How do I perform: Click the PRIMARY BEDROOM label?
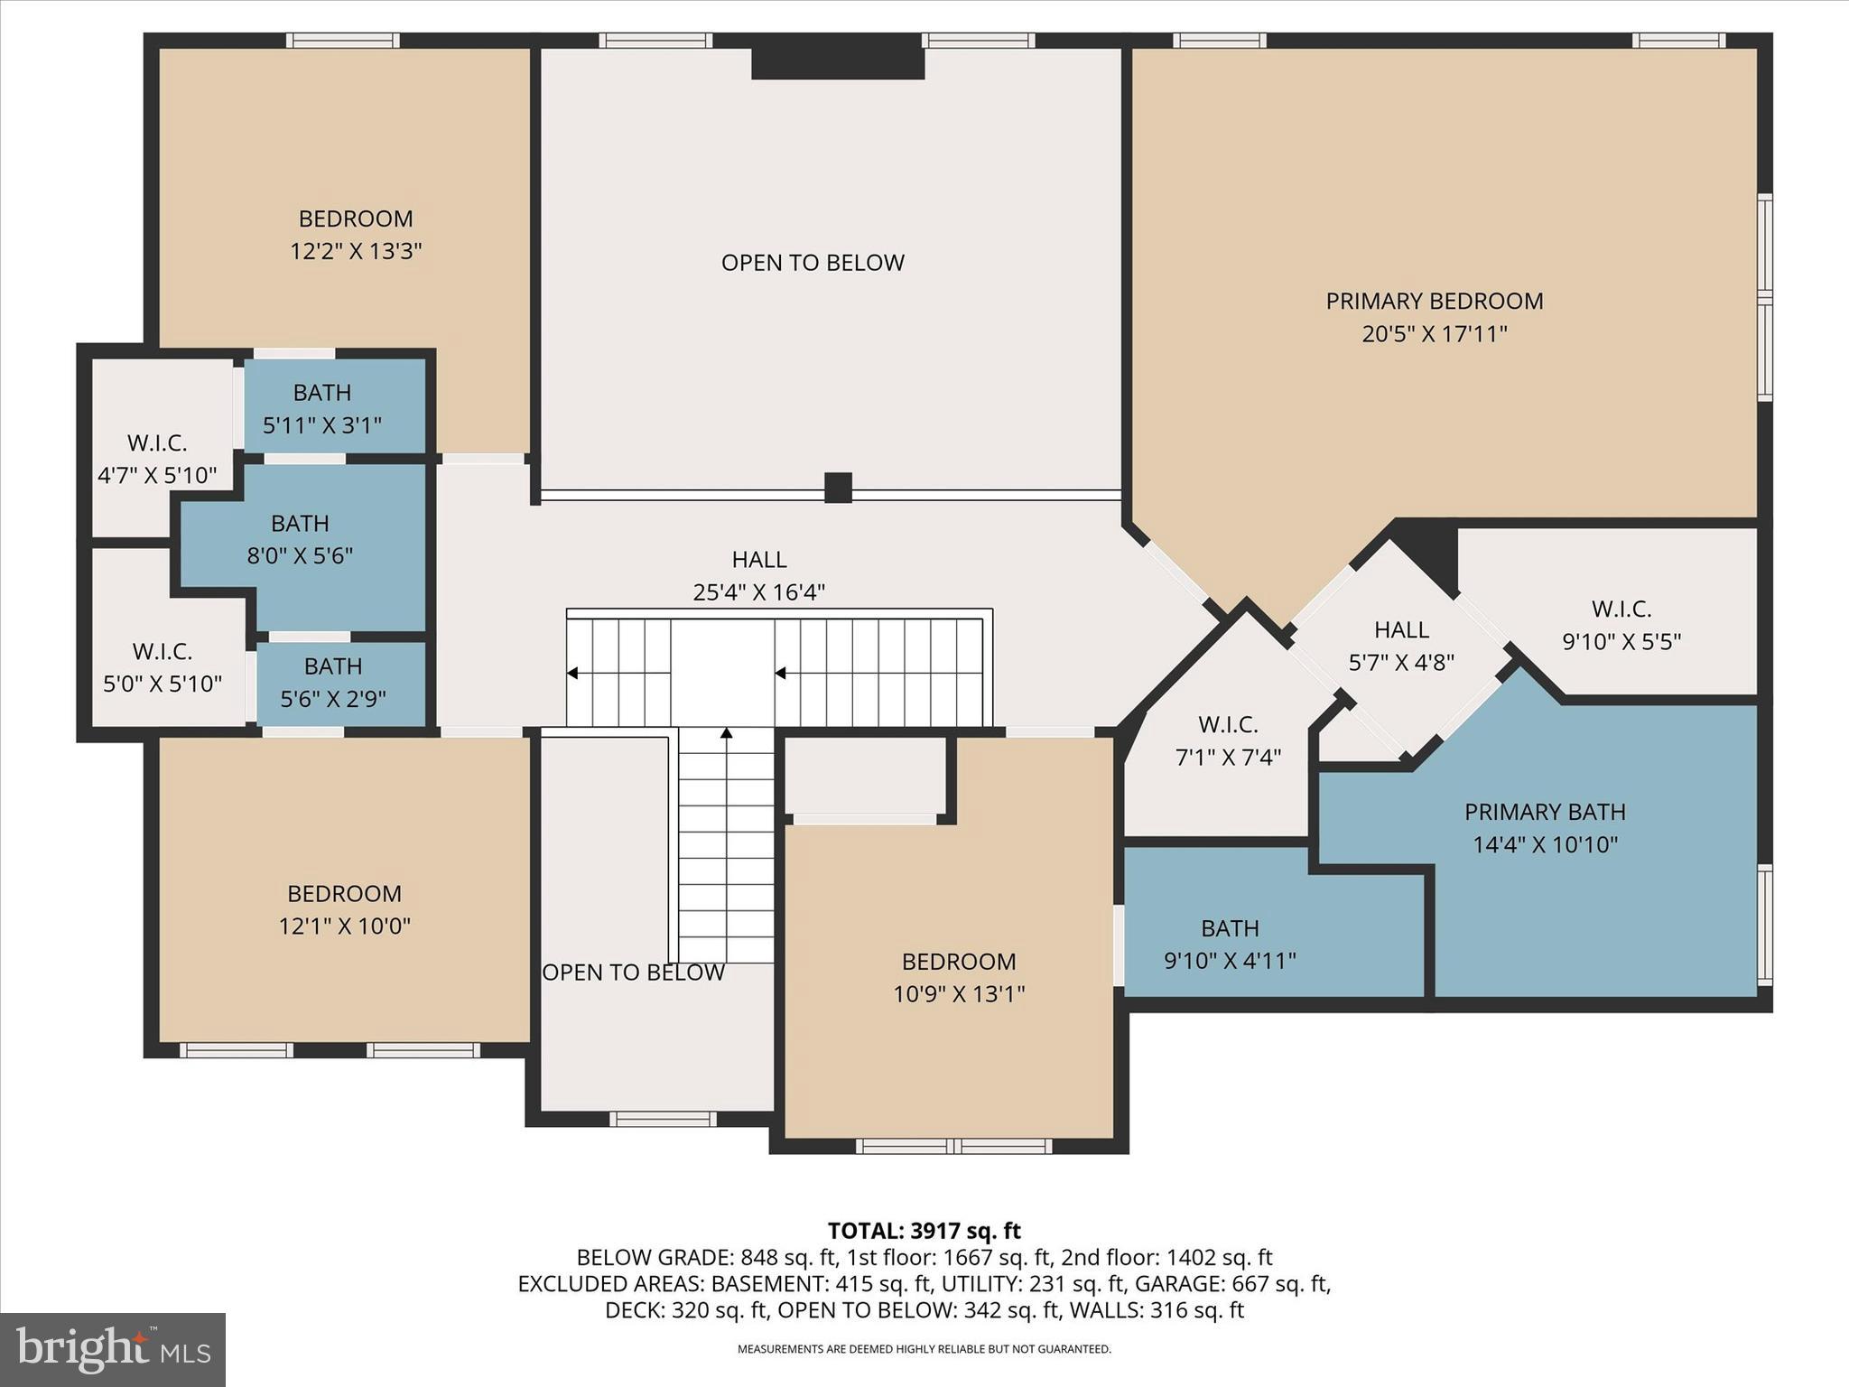point(1434,301)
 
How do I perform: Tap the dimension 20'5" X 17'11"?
point(1434,334)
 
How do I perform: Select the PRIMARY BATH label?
point(1545,812)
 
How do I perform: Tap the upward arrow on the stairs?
point(727,733)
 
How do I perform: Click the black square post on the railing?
point(838,488)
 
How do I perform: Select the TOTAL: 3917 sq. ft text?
point(924,1231)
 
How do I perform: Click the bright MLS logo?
point(113,1349)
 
